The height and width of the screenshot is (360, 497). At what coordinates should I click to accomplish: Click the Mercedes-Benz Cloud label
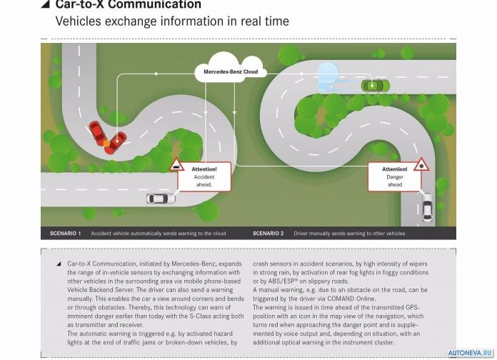point(231,71)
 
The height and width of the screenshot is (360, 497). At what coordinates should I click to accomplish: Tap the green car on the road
point(376,86)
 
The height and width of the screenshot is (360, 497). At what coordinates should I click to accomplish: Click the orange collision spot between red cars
point(107,144)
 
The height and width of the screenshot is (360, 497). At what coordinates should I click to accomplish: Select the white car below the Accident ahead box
point(161,199)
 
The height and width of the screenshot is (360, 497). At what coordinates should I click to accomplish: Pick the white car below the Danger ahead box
point(427,208)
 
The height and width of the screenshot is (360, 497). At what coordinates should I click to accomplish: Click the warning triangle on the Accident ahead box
point(177,165)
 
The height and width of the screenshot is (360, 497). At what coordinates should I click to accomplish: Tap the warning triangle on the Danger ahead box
point(421,164)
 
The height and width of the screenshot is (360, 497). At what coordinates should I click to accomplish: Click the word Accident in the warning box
point(204,177)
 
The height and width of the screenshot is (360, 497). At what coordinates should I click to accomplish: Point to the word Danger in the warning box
point(395,177)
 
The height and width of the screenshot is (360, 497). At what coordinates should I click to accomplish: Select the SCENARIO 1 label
point(65,234)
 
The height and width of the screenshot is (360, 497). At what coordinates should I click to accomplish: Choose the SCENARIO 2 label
point(268,234)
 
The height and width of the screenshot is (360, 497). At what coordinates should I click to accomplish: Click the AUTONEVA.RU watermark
point(470,353)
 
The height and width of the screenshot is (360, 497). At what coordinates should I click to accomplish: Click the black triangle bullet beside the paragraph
point(59,264)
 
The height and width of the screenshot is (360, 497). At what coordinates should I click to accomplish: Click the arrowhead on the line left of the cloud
point(156,74)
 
